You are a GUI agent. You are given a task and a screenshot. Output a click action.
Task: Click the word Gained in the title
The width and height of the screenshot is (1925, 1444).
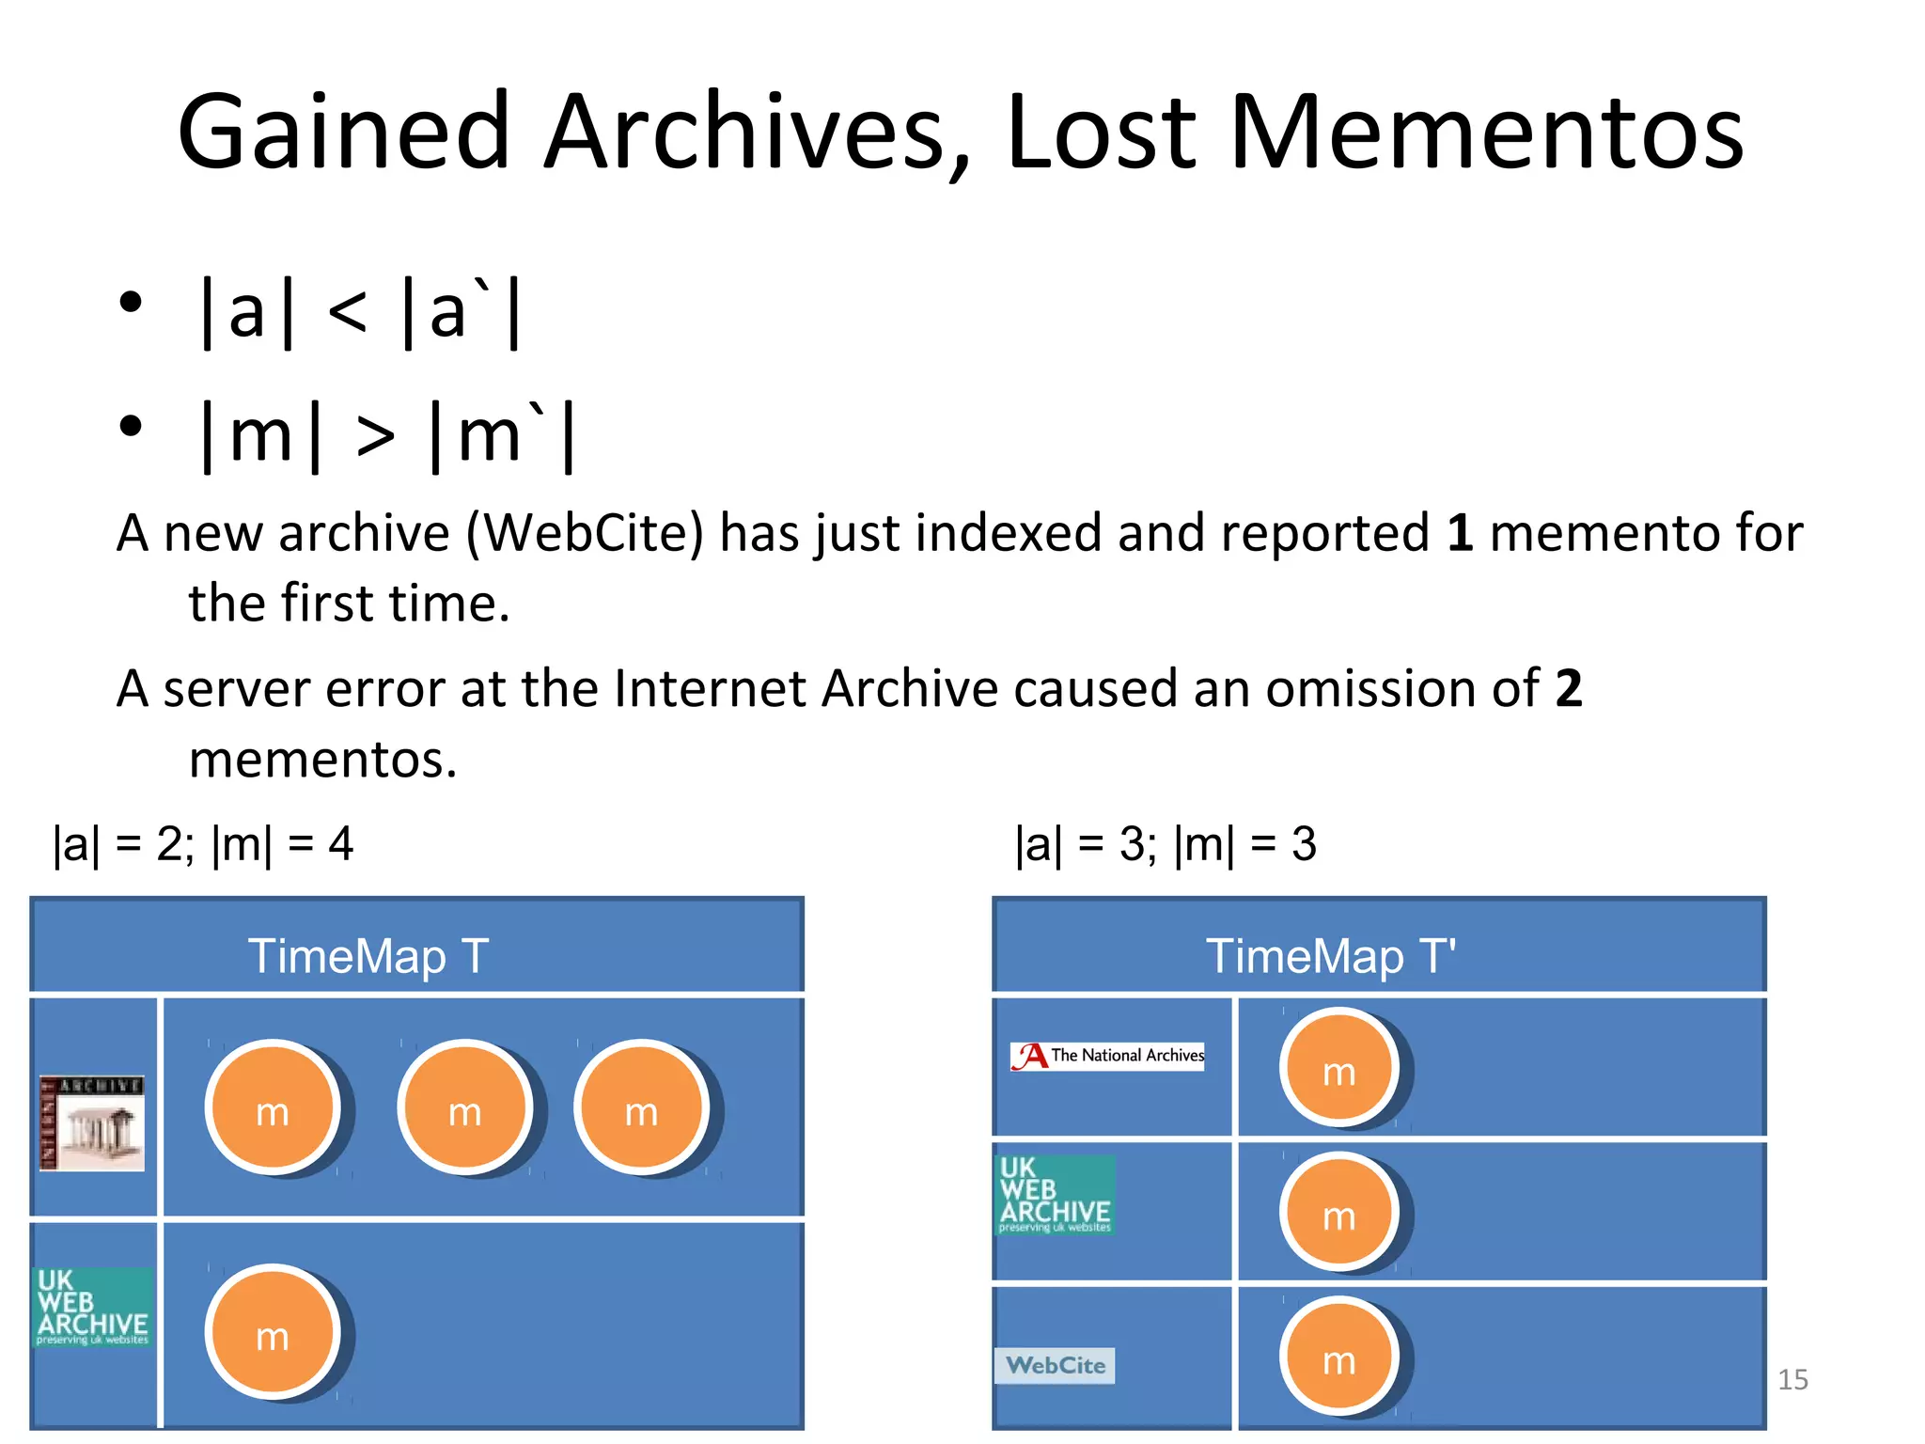point(343,133)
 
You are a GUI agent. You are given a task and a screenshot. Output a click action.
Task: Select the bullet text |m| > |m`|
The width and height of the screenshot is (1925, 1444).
point(387,434)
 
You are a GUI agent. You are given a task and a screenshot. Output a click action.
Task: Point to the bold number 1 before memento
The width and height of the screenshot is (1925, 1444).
point(1459,534)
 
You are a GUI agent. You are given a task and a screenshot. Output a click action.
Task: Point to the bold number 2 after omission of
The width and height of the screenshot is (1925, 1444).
point(1568,689)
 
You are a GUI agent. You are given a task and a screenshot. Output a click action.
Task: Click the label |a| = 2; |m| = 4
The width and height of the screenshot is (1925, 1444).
point(203,843)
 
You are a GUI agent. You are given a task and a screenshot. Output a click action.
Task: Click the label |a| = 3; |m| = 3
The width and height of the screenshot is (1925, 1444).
point(1166,843)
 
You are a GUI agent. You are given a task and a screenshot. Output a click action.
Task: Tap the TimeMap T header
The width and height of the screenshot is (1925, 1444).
point(368,956)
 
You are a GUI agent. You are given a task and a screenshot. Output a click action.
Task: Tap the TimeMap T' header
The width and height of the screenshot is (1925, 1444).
point(1331,956)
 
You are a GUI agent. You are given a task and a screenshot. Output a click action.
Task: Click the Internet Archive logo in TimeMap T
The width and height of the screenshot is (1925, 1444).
point(92,1122)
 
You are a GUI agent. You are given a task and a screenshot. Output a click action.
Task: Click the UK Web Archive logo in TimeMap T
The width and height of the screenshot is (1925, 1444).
point(93,1308)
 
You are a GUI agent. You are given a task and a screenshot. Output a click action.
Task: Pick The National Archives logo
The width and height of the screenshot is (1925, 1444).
point(1107,1056)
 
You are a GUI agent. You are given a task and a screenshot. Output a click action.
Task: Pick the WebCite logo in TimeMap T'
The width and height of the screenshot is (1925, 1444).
point(1055,1365)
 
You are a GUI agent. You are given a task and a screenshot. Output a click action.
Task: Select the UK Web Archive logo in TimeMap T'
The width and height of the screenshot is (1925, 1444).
point(1055,1195)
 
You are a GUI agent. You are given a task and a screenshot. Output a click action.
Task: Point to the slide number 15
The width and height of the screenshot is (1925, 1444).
point(1792,1379)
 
